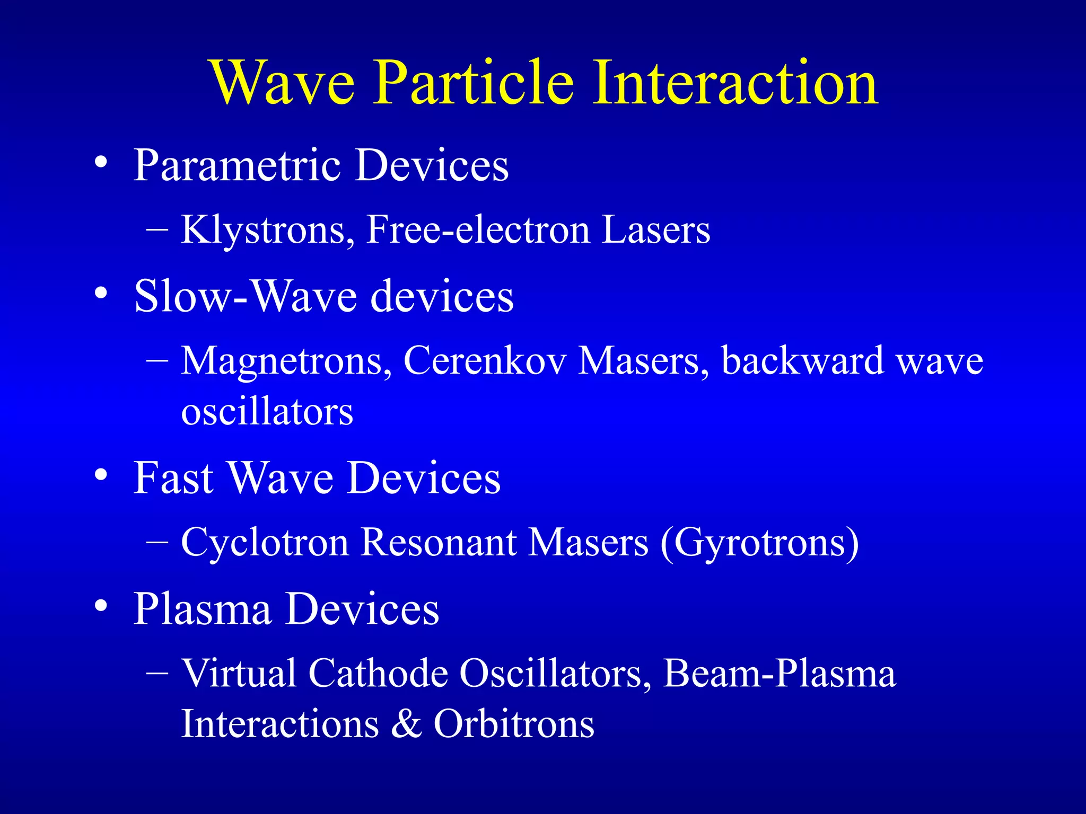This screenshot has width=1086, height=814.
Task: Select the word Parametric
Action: (237, 166)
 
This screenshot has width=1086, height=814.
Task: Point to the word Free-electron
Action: (478, 230)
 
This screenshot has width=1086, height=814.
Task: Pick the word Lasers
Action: (656, 230)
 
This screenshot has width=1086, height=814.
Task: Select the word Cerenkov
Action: (485, 361)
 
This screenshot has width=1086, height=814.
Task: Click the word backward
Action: (802, 361)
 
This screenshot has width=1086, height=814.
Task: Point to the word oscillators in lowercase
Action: (267, 412)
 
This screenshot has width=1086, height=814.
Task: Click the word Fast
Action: (173, 479)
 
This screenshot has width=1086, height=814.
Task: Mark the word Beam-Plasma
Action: (779, 674)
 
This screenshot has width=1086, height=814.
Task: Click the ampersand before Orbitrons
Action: (406, 724)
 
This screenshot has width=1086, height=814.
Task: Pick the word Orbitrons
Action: (514, 724)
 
